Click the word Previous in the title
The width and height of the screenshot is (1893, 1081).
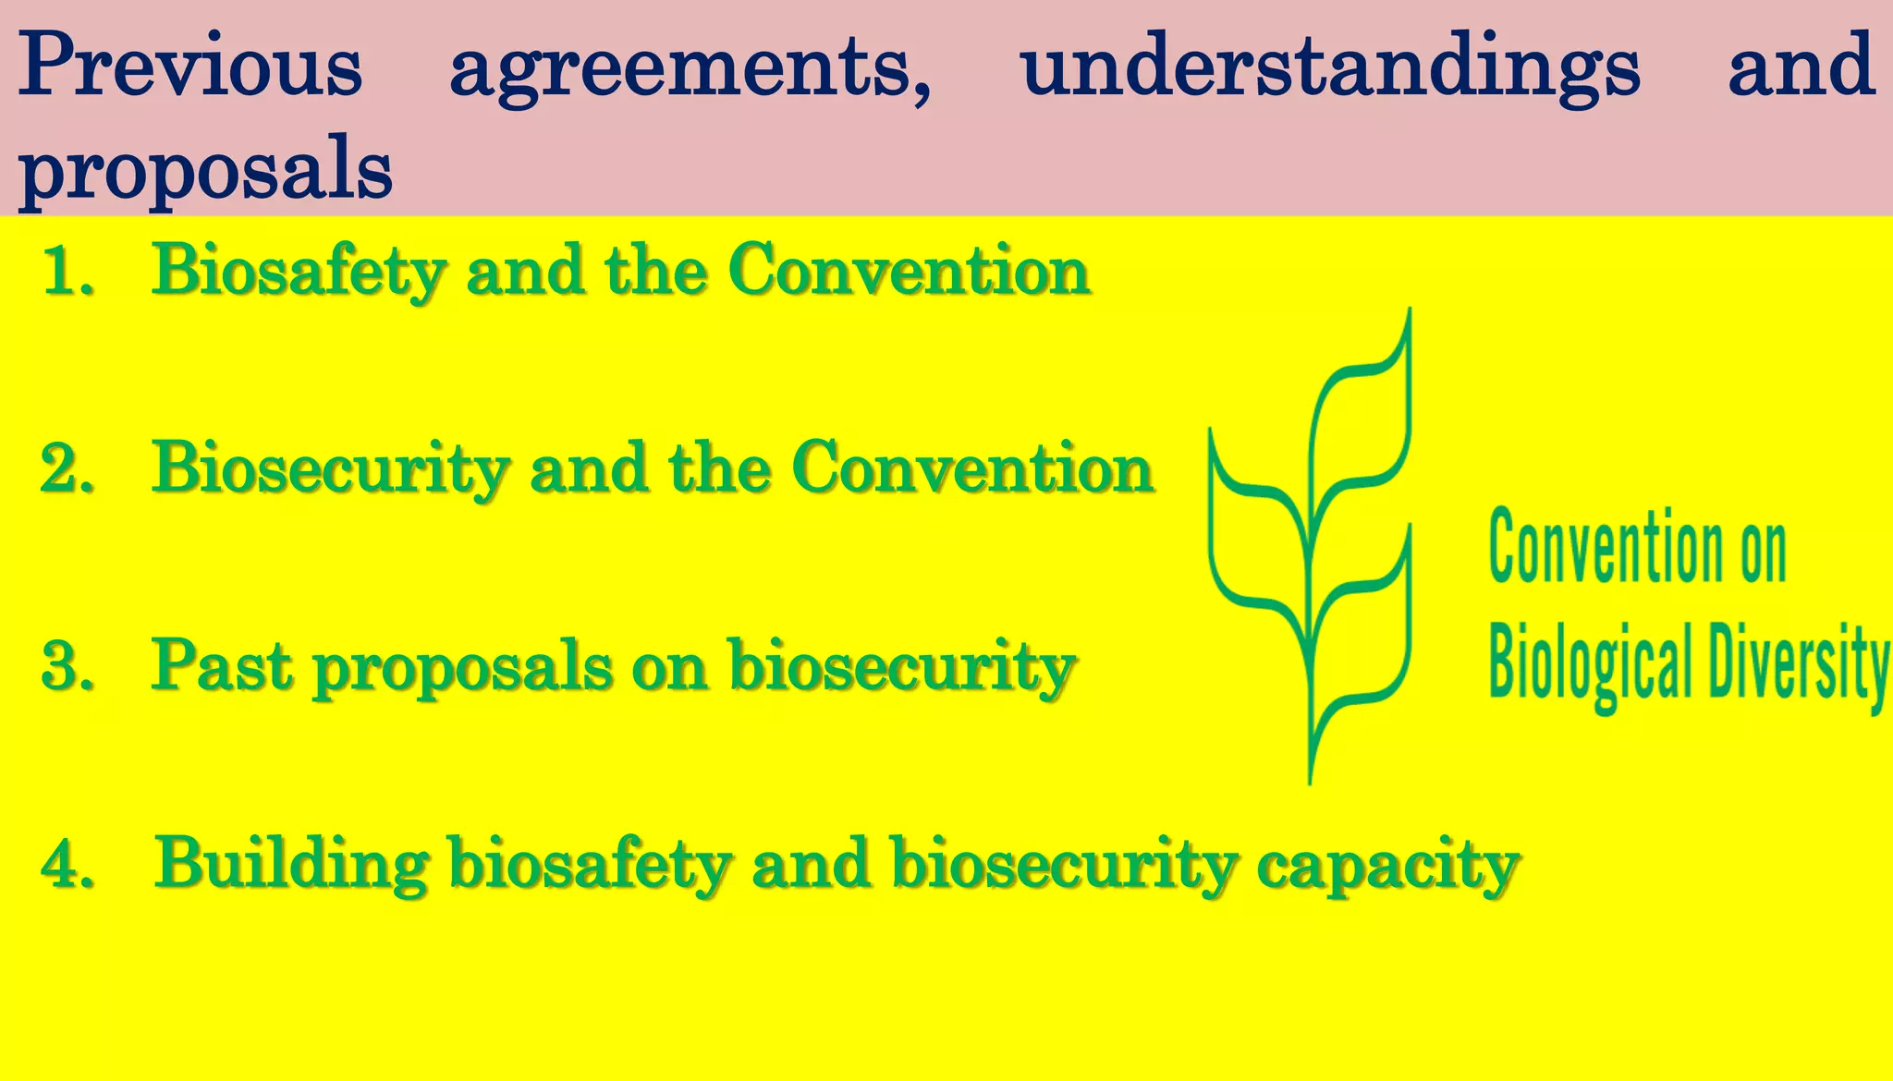tap(189, 65)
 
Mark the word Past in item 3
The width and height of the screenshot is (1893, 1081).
tap(223, 666)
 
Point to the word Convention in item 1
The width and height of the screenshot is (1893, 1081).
tap(909, 272)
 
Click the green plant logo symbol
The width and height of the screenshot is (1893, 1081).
tap(1311, 545)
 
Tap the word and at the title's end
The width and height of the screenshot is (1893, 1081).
tap(1801, 65)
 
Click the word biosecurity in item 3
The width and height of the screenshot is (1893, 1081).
tap(901, 666)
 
